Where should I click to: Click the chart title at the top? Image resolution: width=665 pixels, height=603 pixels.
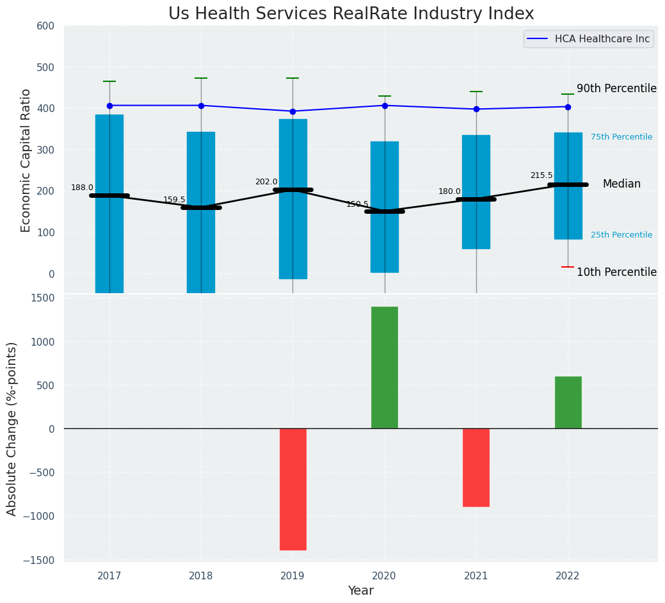(351, 14)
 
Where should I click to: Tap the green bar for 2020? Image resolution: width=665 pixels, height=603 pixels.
(385, 367)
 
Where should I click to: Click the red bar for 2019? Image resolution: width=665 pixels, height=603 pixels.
(293, 489)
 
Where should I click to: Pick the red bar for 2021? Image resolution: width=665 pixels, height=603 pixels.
(476, 467)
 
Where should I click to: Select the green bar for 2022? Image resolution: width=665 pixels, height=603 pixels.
(568, 402)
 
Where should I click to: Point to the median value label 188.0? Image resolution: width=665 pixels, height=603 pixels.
(82, 188)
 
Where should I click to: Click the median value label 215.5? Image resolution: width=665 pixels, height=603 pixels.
(541, 175)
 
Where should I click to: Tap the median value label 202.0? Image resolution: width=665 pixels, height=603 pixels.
(266, 182)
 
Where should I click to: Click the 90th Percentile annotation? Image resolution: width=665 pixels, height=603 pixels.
(616, 88)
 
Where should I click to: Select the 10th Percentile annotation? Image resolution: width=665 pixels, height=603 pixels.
(616, 272)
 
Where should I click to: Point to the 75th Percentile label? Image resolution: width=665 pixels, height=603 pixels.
(621, 137)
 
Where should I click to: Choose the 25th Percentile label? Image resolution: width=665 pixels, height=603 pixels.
(621, 235)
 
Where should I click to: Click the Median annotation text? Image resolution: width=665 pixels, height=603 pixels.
(621, 184)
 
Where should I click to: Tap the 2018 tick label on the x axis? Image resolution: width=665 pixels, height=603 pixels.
(201, 576)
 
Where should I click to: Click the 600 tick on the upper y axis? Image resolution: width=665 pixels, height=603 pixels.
(50, 26)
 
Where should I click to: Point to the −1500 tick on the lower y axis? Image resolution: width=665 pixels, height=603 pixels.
(42, 560)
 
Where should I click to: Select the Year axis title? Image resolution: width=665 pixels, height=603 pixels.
(361, 591)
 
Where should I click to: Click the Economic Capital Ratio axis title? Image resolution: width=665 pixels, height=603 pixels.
(26, 160)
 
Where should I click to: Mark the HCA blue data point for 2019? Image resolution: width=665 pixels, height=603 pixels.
(293, 111)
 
